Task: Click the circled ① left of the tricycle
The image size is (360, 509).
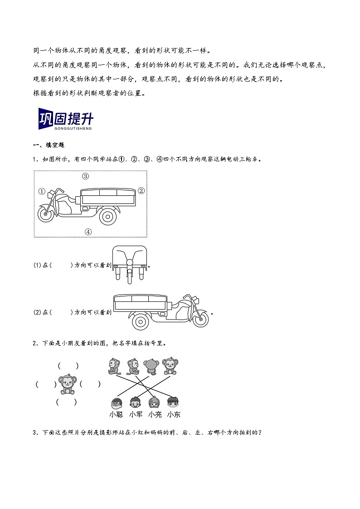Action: point(42,191)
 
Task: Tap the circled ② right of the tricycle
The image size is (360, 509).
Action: point(141,191)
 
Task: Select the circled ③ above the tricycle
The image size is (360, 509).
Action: point(85,176)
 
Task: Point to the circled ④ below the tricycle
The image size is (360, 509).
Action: point(88,232)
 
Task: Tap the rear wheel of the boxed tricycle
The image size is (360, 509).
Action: point(107,216)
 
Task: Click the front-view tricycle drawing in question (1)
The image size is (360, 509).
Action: point(130,265)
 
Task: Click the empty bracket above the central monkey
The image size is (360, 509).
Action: point(68,366)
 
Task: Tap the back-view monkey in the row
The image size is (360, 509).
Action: point(151,366)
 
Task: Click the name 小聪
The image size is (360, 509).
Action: point(116,414)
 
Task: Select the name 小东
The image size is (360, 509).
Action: point(173,414)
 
